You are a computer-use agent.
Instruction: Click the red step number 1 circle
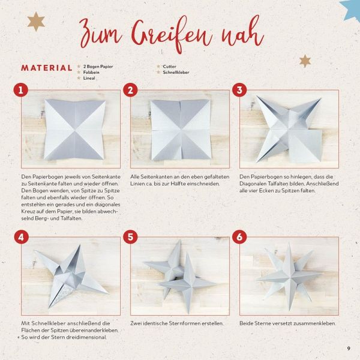click(20, 90)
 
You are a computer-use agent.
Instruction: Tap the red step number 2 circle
click(130, 90)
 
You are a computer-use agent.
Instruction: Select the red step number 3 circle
click(239, 90)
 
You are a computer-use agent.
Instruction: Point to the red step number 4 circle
click(21, 237)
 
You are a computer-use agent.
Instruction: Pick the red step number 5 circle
click(130, 237)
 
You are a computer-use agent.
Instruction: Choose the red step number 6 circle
click(239, 237)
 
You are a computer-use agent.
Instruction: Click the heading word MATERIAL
click(47, 68)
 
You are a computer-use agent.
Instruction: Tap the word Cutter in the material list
click(169, 67)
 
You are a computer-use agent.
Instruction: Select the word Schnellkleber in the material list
click(176, 73)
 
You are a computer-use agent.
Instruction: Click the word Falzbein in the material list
click(91, 73)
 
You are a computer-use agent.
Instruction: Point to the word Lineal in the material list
click(89, 78)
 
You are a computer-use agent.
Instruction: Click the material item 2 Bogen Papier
click(98, 67)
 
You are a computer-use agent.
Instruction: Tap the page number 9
click(349, 348)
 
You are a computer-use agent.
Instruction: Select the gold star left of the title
click(36, 22)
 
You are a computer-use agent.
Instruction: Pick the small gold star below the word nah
click(305, 61)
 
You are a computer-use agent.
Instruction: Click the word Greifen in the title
click(171, 34)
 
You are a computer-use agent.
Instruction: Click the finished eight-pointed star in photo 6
click(290, 275)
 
